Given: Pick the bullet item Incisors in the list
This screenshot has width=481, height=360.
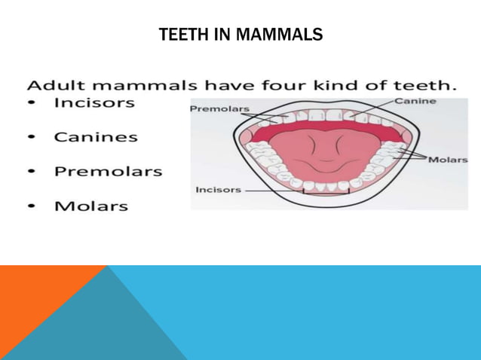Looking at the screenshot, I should pyautogui.click(x=94, y=103).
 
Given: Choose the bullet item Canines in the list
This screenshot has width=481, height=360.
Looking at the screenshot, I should pyautogui.click(x=96, y=137).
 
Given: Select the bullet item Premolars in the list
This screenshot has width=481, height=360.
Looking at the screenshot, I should pyautogui.click(x=108, y=171).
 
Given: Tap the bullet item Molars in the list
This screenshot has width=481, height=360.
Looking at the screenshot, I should pyautogui.click(x=90, y=205).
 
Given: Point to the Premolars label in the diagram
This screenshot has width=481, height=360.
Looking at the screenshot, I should pyautogui.click(x=219, y=109).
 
